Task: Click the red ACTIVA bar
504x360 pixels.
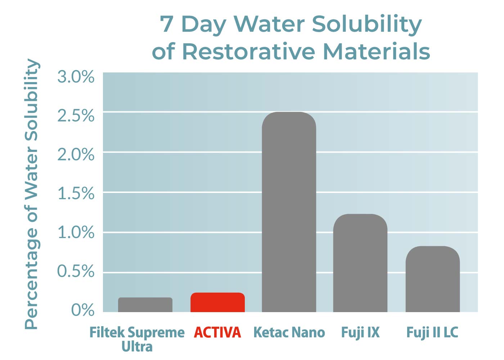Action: tap(217, 302)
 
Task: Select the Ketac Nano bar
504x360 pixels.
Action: tap(289, 212)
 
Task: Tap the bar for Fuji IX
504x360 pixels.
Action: tap(360, 263)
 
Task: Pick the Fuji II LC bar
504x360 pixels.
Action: tap(433, 279)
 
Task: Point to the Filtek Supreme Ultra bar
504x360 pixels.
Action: tap(145, 305)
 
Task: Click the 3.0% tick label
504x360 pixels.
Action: tap(76, 77)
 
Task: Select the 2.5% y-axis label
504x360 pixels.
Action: tap(76, 116)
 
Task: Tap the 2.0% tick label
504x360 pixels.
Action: tap(76, 155)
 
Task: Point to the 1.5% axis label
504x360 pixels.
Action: tap(76, 194)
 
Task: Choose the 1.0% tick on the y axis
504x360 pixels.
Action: tap(76, 233)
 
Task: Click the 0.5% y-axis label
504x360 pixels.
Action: tap(76, 271)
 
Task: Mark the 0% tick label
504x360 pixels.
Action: tap(83, 310)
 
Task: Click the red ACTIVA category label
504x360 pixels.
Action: tap(217, 332)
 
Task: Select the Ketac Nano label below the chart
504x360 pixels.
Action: tap(289, 332)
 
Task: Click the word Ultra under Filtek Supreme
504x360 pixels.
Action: tap(137, 347)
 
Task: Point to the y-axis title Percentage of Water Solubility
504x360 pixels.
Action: tap(32, 194)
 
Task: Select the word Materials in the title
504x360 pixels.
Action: tap(377, 52)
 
